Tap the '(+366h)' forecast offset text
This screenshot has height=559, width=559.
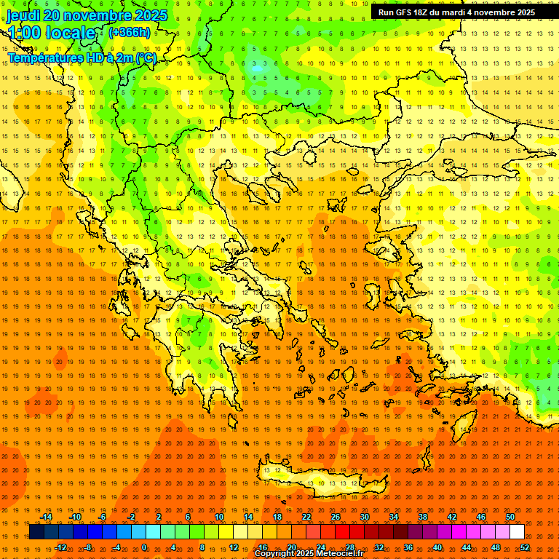(129, 32)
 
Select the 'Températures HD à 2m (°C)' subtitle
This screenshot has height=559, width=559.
(82, 58)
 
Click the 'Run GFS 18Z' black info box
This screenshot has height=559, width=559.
(456, 12)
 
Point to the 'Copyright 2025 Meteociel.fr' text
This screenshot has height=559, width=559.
(309, 554)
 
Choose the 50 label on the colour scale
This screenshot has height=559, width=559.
(510, 517)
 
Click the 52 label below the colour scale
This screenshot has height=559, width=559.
(525, 547)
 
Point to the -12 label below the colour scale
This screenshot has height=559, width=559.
(60, 547)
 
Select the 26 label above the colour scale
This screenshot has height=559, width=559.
(336, 517)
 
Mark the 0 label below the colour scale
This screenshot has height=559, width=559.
(143, 547)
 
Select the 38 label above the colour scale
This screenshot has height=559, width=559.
(423, 517)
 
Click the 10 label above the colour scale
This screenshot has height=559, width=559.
(219, 517)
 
